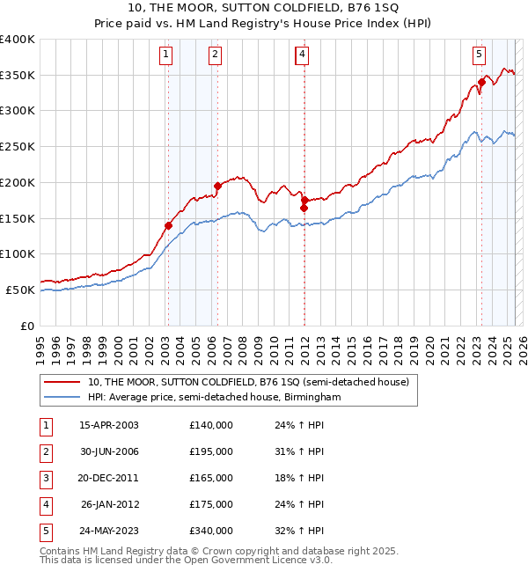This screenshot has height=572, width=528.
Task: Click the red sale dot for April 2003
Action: [x=168, y=225]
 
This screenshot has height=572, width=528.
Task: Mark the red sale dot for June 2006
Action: [x=217, y=186]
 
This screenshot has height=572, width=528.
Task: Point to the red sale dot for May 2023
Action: [x=481, y=82]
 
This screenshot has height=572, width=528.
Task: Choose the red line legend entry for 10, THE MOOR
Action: [x=248, y=383]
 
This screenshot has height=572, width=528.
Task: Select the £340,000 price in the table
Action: [x=211, y=531]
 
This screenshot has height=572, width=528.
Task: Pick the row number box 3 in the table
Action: [x=44, y=478]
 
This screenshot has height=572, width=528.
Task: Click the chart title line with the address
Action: [x=264, y=9]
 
